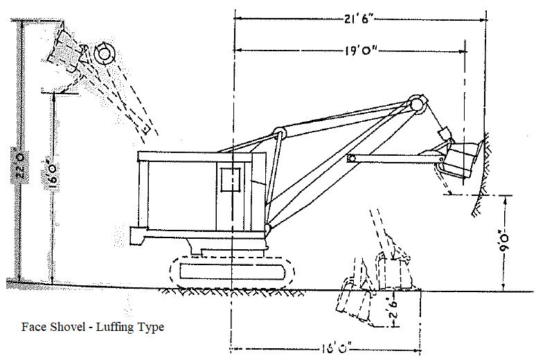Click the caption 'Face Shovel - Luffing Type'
[x=93, y=327]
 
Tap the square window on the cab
[x=231, y=179]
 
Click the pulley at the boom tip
[x=416, y=105]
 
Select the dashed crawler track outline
[x=235, y=271]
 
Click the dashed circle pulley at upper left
[x=105, y=53]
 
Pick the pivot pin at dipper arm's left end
[x=352, y=159]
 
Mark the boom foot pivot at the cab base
[x=268, y=227]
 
